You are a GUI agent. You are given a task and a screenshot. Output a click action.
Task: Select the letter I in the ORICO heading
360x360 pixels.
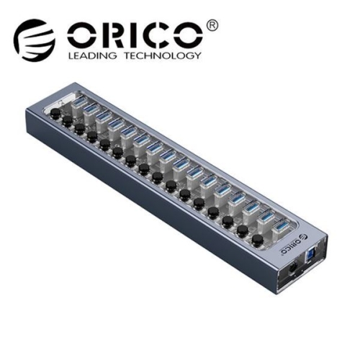coord(133,35)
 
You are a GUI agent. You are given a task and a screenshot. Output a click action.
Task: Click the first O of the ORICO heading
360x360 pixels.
coord(80,35)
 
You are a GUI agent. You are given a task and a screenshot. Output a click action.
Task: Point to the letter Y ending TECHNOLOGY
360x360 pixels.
coord(196,55)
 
